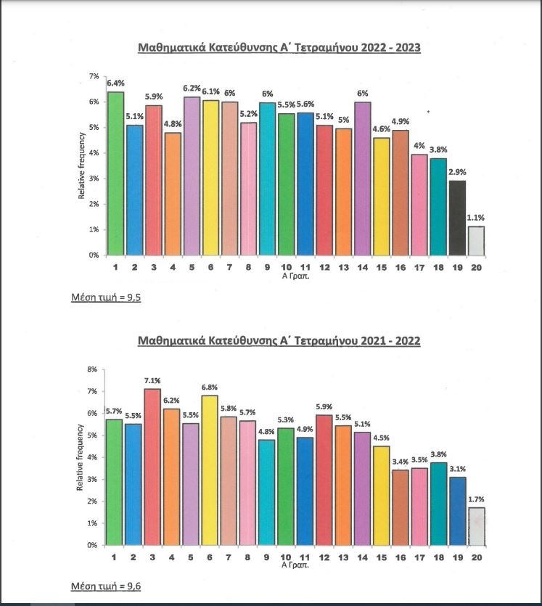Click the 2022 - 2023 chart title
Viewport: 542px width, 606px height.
click(x=279, y=49)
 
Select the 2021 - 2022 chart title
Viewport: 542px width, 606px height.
click(x=279, y=340)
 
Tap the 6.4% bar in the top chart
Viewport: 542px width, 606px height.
click(x=115, y=173)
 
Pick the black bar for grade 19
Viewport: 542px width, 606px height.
click(x=456, y=218)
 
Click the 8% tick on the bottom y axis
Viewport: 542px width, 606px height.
click(x=92, y=369)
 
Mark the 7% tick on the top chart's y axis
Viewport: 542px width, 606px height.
click(x=94, y=76)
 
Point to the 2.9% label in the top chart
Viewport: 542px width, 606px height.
click(x=456, y=173)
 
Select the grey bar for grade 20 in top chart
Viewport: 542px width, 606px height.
click(x=476, y=241)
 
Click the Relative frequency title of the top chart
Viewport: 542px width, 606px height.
click(x=82, y=165)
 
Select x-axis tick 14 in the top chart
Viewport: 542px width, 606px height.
click(x=362, y=266)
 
